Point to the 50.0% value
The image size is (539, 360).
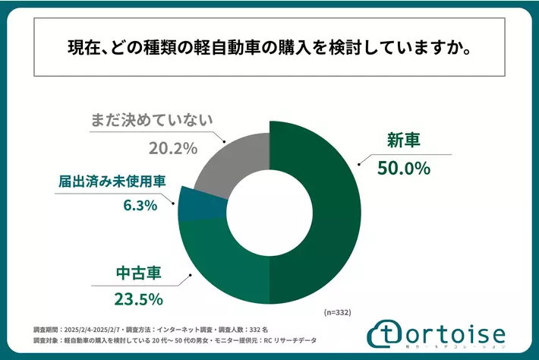point(403,167)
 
